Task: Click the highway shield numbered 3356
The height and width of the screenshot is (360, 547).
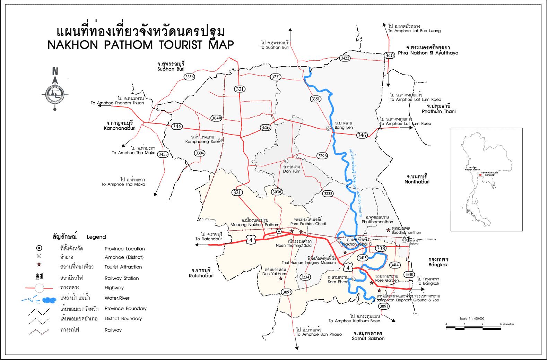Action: click(x=190, y=77)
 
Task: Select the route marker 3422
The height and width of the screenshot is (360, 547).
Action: click(x=345, y=58)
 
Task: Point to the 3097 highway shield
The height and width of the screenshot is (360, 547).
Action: click(x=287, y=292)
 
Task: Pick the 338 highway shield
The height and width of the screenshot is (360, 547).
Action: click(x=381, y=248)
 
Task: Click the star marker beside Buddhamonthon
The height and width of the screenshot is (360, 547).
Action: click(x=388, y=230)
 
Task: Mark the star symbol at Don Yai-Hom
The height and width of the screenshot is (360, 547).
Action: click(x=280, y=278)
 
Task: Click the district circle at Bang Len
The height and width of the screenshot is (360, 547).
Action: click(x=328, y=129)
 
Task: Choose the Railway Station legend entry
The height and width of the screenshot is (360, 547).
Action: click(x=121, y=278)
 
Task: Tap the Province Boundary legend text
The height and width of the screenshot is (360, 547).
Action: click(x=125, y=308)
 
